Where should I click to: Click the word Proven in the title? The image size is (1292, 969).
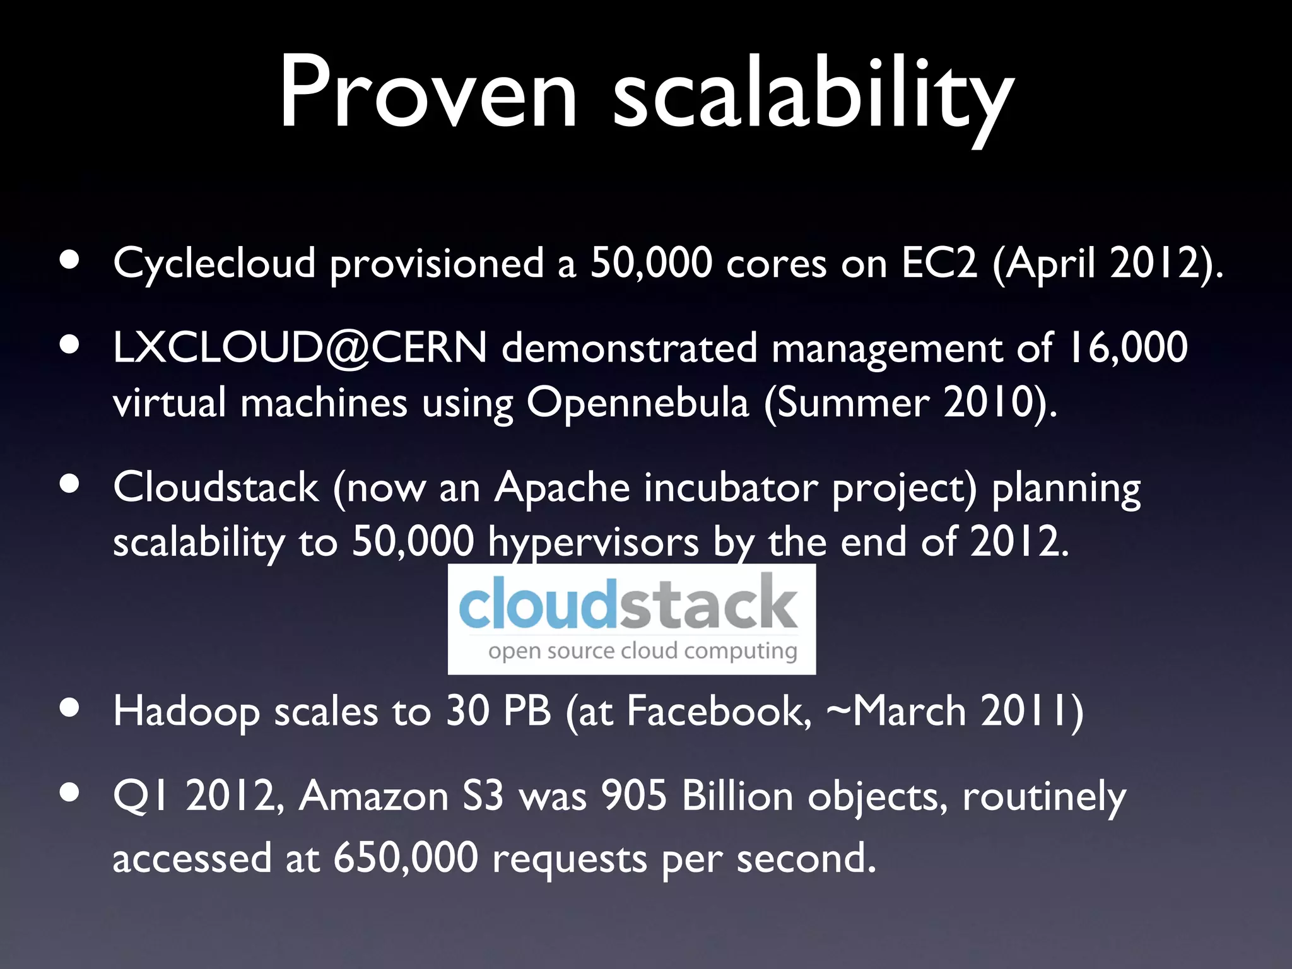point(428,93)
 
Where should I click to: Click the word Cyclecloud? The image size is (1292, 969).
point(214,264)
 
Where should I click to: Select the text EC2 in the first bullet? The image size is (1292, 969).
point(939,262)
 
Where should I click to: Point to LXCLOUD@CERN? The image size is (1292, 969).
point(300,348)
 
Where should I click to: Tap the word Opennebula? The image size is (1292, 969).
point(637,402)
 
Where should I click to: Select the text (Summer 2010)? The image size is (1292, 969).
point(910,403)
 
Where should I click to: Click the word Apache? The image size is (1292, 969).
point(562,488)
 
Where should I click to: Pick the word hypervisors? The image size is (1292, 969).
point(593,543)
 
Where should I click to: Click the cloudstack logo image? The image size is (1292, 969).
point(631,618)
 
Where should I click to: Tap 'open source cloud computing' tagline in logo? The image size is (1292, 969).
point(642,651)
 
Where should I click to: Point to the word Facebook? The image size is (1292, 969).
point(719,711)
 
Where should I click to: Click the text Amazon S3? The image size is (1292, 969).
point(401,796)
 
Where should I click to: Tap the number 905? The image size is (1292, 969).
point(633,796)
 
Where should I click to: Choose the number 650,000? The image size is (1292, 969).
point(406,859)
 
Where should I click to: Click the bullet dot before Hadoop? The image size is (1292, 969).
point(70,707)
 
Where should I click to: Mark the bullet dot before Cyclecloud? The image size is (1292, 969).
point(70,259)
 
